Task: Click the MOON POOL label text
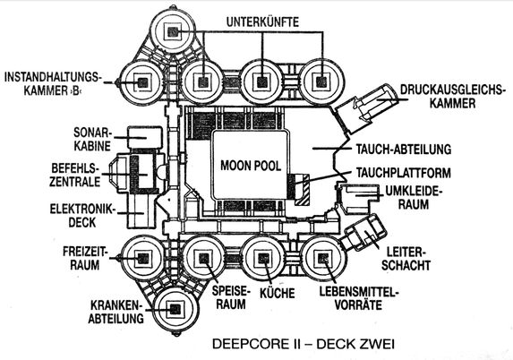click(x=251, y=166)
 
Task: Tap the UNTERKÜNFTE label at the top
click(x=262, y=21)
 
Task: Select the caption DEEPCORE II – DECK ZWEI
click(x=304, y=344)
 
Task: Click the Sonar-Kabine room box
click(x=145, y=137)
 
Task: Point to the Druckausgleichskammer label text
click(x=451, y=97)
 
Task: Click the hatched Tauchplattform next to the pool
click(x=302, y=189)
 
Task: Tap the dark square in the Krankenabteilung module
click(x=175, y=309)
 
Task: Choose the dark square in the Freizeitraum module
click(x=142, y=259)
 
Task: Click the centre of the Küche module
click(x=264, y=259)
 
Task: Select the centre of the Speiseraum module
click(x=203, y=259)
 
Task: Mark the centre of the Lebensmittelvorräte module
click(x=323, y=259)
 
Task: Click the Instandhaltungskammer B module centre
click(x=142, y=82)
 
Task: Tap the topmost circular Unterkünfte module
click(x=173, y=31)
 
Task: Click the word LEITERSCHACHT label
click(x=406, y=259)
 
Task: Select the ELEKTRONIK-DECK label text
click(x=82, y=216)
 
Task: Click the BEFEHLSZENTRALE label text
click(x=74, y=175)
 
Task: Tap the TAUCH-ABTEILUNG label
click(x=404, y=149)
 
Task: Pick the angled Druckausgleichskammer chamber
click(x=366, y=108)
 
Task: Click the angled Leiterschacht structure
click(x=363, y=233)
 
